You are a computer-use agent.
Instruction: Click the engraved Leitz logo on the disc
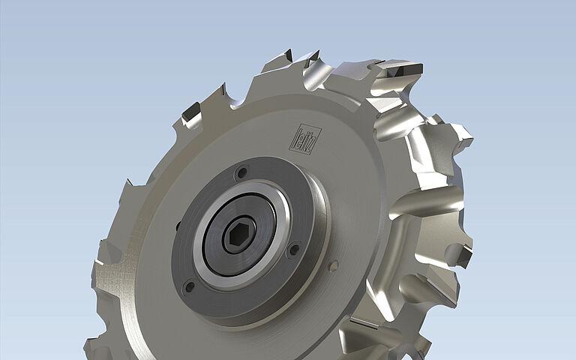[x=307, y=139]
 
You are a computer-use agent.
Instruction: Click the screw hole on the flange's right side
[x=294, y=248]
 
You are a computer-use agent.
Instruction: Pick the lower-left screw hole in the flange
[x=188, y=286]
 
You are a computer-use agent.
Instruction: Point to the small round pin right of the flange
[x=334, y=265]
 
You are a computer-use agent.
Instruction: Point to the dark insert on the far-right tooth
[x=462, y=256]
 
